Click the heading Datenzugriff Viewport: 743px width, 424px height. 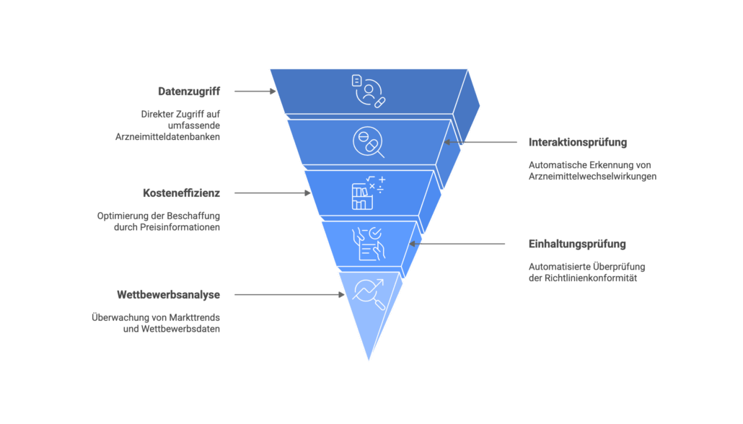tap(189, 92)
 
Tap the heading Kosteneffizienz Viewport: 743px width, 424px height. tap(181, 193)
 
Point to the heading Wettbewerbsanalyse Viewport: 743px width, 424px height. tap(168, 295)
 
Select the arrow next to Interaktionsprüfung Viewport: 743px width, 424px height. tap(475, 142)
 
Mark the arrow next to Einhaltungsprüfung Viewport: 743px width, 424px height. tap(462, 244)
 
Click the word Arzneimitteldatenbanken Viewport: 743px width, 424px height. tap(167, 137)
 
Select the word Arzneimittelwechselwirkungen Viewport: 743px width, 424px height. tap(592, 176)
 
